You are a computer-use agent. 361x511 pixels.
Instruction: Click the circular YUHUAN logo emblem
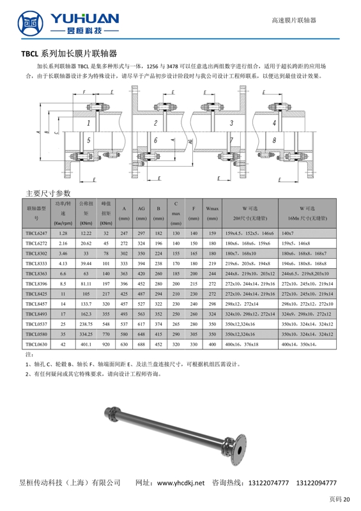click(x=30, y=23)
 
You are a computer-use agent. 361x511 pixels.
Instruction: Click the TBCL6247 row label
click(x=36, y=233)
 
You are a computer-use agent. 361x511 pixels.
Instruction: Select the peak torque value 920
click(x=106, y=344)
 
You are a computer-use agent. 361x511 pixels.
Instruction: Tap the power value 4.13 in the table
click(x=63, y=264)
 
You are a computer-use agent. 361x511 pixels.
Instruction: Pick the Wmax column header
click(x=212, y=213)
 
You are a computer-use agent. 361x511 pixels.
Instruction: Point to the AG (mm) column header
click(x=141, y=213)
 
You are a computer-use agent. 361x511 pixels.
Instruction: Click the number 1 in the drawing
click(x=88, y=123)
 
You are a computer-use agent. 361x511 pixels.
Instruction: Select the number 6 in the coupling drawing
click(x=155, y=140)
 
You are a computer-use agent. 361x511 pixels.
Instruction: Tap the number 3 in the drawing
click(x=231, y=123)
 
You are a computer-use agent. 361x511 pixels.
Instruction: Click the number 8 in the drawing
click(x=274, y=140)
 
